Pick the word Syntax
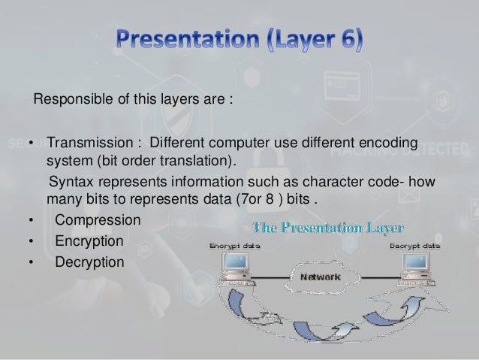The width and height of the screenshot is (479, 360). (x=69, y=184)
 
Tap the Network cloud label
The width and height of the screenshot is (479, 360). (x=321, y=277)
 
